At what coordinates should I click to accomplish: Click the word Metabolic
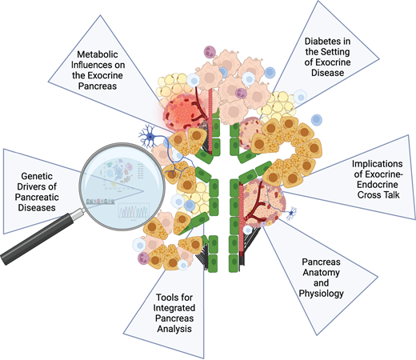(98, 54)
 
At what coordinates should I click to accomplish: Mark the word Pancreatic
(37, 197)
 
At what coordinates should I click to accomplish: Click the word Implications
(378, 164)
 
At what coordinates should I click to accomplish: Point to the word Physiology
(321, 294)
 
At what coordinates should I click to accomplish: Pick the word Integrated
(174, 308)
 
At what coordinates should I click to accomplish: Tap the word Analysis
(174, 329)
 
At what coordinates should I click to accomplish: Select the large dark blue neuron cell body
(150, 137)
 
